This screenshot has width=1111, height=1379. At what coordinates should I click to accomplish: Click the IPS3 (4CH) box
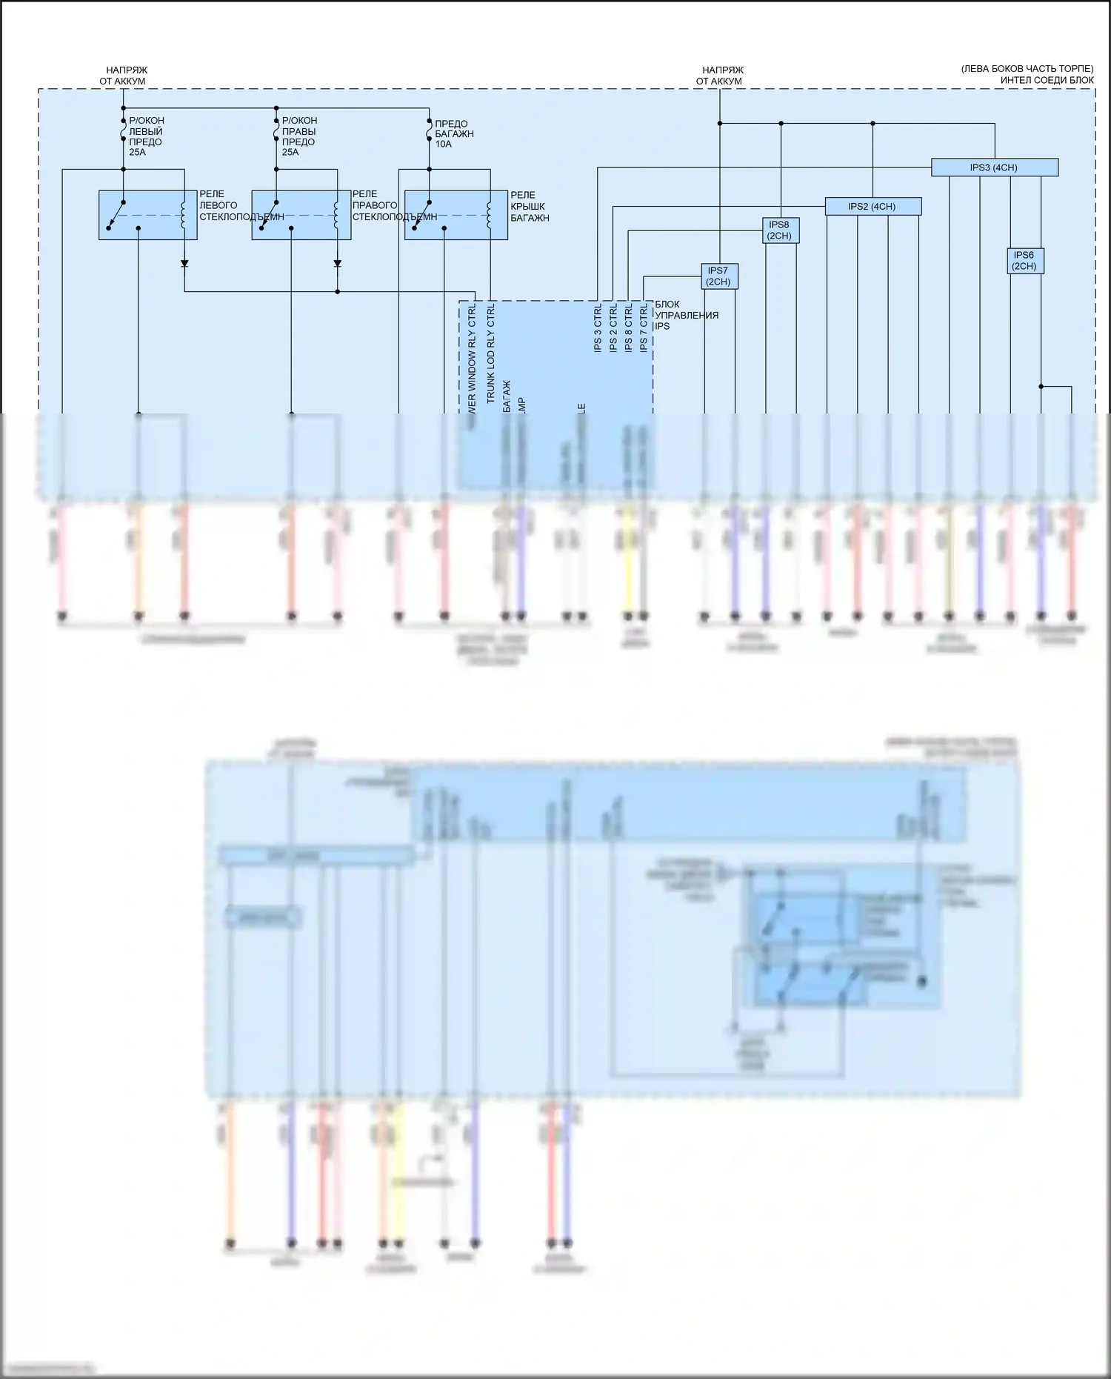pos(994,167)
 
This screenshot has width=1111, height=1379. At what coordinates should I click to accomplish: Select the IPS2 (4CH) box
pos(873,207)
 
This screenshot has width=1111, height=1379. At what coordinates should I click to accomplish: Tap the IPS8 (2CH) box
pos(779,230)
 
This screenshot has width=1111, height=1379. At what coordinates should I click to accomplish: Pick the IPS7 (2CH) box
pos(718,276)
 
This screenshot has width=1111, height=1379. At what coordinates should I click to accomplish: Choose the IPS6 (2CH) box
pos(1024,261)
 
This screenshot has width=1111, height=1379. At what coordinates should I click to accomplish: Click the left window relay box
pos(147,215)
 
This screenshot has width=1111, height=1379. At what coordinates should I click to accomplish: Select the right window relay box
pos(301,215)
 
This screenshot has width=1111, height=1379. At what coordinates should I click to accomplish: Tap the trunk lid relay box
pos(456,215)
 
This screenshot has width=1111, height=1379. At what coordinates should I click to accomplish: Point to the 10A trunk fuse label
pos(443,144)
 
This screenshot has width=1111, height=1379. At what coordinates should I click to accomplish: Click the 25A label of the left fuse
pos(138,153)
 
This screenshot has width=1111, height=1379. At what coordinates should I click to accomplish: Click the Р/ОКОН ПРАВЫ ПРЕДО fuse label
pos(299,131)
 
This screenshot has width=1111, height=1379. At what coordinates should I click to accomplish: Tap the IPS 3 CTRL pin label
pos(598,328)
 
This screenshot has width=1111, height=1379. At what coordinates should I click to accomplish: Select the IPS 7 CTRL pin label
pos(644,328)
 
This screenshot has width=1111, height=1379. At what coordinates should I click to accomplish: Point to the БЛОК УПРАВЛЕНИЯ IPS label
pos(686,315)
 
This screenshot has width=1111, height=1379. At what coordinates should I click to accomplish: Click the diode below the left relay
pos(184,264)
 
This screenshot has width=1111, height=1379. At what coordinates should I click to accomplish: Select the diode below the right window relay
pos(337,264)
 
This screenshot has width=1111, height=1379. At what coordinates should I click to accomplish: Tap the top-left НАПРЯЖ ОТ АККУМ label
pos(123,76)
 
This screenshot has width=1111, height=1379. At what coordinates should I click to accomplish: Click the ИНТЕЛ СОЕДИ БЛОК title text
pos(1047,80)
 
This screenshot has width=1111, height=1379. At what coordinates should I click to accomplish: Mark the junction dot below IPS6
pos(1041,387)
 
